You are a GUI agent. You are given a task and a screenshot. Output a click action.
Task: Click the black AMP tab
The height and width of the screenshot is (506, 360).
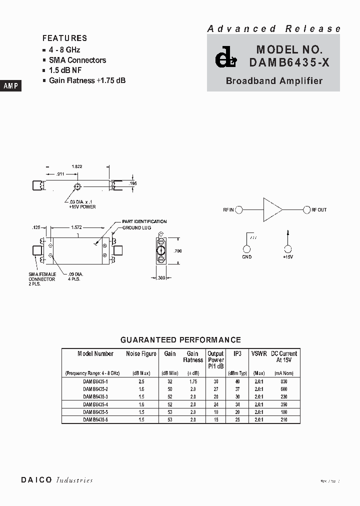[10, 86]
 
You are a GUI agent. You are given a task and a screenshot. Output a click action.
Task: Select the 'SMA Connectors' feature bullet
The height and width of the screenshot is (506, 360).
[77, 60]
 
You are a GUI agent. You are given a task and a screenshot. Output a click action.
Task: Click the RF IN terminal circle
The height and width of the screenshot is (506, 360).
[239, 209]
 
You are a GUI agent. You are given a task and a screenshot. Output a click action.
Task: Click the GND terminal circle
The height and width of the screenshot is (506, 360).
[247, 249]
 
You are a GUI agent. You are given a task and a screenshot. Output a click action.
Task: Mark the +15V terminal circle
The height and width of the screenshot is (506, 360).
[287, 249]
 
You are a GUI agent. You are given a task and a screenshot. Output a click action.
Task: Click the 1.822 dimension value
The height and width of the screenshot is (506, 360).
[77, 166]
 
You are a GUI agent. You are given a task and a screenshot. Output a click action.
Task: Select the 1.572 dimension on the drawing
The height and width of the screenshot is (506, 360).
[76, 227]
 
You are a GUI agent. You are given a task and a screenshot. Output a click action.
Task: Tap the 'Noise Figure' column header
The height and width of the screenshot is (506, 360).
[141, 353]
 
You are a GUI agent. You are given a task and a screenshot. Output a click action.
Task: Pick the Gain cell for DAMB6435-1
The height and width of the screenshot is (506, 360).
[170, 381]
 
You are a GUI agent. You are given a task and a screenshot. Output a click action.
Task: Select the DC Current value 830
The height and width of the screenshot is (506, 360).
[284, 381]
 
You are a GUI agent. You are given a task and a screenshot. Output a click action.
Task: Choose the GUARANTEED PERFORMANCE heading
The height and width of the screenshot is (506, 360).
[180, 340]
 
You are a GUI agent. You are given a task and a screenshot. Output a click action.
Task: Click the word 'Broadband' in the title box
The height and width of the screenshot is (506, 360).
[248, 80]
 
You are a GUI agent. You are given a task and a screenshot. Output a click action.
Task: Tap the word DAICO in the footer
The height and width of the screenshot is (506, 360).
[36, 480]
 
